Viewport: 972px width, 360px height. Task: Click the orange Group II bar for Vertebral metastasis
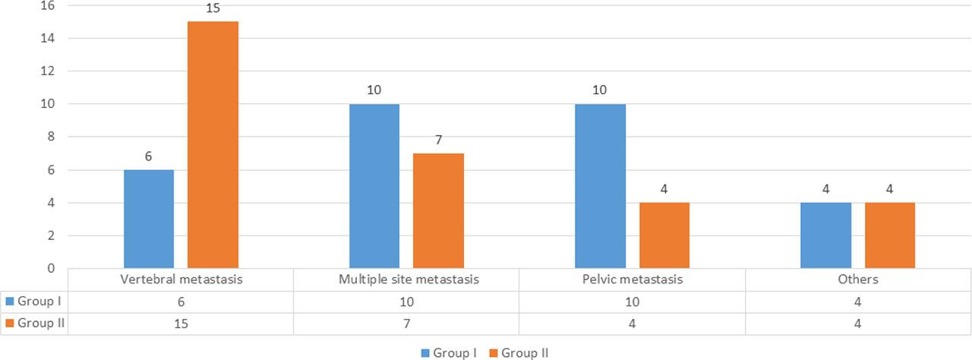pos(213,144)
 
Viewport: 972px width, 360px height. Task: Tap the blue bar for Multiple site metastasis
pos(374,186)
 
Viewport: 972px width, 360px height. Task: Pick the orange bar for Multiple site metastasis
pos(438,210)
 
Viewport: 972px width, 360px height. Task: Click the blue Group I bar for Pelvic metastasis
pos(601,186)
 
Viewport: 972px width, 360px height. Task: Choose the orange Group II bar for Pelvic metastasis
pos(664,235)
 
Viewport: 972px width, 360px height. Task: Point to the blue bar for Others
pos(826,235)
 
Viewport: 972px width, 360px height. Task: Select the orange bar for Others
pos(890,235)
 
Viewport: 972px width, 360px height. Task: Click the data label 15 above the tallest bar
pos(213,9)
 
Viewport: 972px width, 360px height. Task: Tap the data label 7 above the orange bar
pos(438,141)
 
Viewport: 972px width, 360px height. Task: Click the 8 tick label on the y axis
pos(51,137)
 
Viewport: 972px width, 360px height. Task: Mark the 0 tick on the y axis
pos(51,268)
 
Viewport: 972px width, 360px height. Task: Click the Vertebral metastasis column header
pos(181,279)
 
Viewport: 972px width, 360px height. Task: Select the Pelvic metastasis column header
pos(632,279)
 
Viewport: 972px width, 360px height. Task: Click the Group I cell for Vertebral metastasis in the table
pos(181,301)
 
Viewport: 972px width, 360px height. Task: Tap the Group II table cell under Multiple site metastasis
pos(406,322)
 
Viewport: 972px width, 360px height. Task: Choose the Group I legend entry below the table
pos(449,352)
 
